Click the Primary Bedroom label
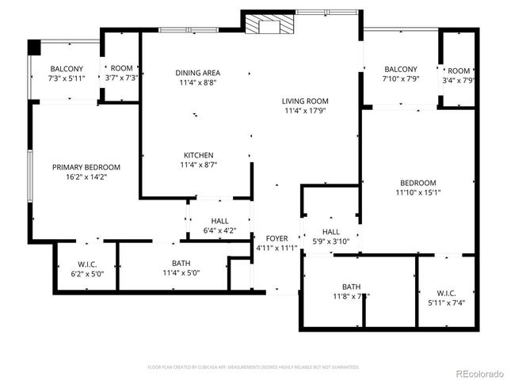[x=86, y=167]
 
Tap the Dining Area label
[x=197, y=73]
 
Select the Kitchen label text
[x=198, y=155]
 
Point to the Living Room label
[x=305, y=101]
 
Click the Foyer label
[x=276, y=238]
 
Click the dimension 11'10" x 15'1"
[x=418, y=192]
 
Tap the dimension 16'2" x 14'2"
[x=86, y=177]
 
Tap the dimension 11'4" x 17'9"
[x=305, y=112]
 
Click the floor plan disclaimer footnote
[x=253, y=367]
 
